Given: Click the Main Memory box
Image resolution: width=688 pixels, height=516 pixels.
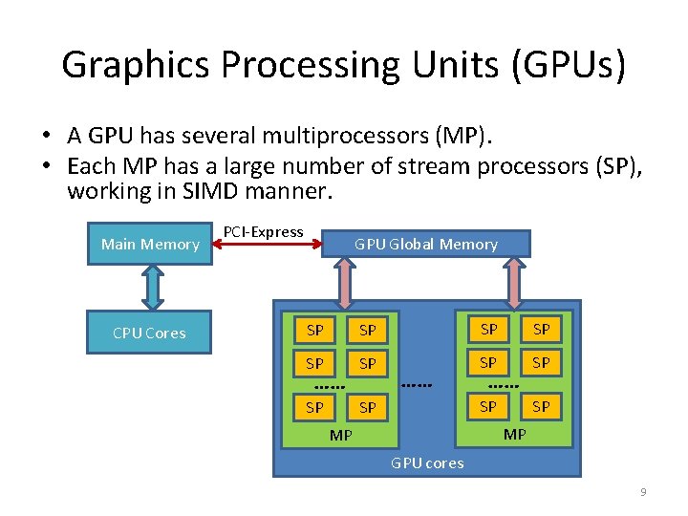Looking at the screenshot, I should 150,245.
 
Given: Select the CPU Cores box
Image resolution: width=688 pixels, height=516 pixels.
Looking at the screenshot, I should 149,333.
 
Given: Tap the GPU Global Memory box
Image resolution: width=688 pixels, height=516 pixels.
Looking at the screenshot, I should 426,245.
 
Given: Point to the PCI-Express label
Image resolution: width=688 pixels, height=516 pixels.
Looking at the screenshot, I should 263,232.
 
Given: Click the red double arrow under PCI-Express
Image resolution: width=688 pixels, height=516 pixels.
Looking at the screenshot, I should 267,246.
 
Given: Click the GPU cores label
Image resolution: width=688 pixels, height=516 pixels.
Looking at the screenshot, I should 427,462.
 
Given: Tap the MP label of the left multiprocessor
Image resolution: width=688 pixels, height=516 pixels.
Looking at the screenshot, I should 341,435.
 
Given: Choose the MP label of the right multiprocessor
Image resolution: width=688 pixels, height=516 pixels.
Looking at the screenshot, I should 514,434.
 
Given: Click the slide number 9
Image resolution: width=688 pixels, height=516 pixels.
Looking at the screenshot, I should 643,492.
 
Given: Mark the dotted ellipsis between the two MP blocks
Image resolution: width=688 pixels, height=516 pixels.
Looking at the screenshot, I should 417,385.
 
